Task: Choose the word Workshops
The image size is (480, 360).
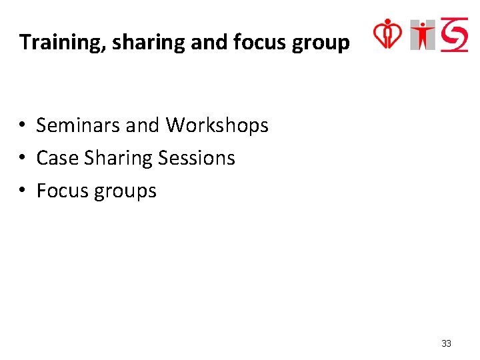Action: coord(217,125)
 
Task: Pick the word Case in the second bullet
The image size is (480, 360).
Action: coord(53,158)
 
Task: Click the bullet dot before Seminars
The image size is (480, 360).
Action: coord(22,126)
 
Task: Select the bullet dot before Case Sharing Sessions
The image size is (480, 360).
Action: coord(22,159)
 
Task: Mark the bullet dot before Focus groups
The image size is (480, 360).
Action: coord(22,191)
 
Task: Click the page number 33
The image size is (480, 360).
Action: coord(446,343)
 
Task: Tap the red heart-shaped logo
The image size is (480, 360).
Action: coord(387,34)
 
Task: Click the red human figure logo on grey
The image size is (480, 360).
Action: coord(423,35)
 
